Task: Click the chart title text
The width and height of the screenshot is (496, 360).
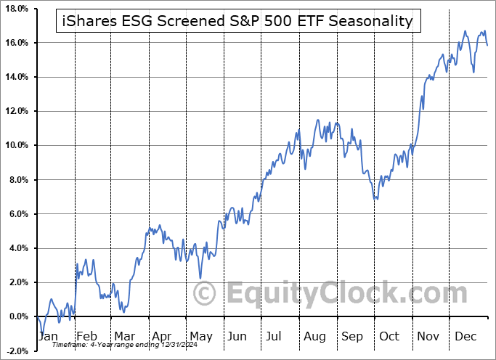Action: [x=236, y=21]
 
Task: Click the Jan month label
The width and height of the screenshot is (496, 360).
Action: [x=47, y=337]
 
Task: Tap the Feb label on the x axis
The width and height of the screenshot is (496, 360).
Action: [x=87, y=337]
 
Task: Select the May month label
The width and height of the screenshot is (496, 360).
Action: [x=201, y=337]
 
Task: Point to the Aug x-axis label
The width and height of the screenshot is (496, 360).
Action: [x=315, y=337]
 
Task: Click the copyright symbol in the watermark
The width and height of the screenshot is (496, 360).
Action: [x=206, y=294]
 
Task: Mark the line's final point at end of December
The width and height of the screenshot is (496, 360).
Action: [x=487, y=45]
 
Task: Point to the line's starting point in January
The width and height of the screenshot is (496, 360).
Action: [x=36, y=316]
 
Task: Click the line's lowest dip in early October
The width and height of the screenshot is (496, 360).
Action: [x=375, y=199]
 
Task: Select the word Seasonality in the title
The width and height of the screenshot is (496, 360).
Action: [x=370, y=21]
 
